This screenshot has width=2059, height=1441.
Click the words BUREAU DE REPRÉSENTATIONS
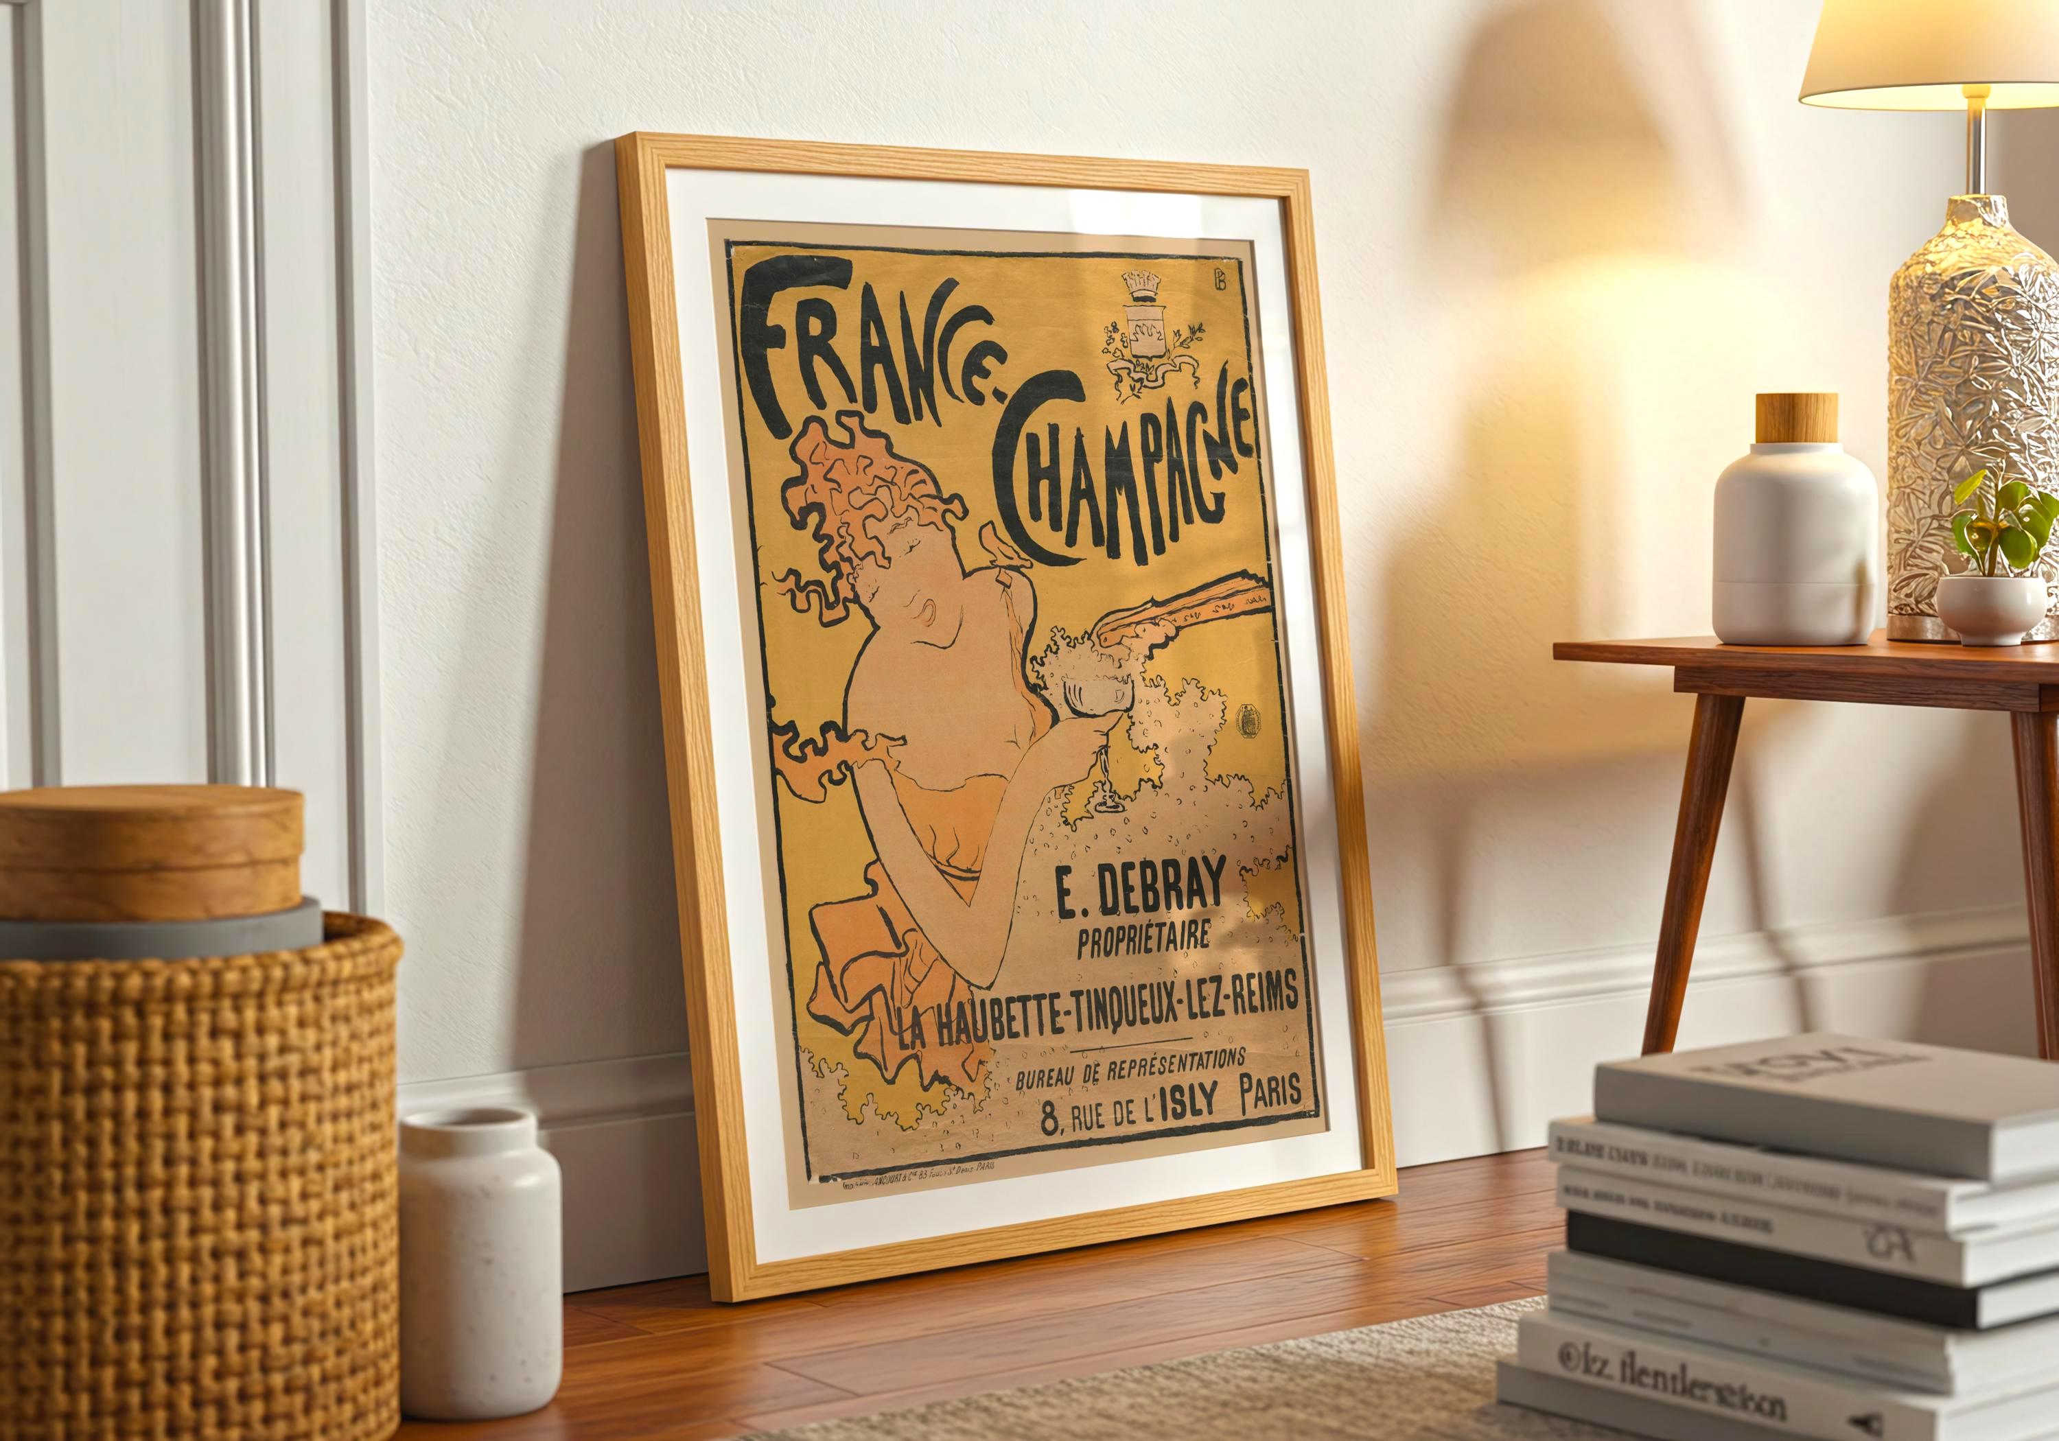[x=1130, y=1068]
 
